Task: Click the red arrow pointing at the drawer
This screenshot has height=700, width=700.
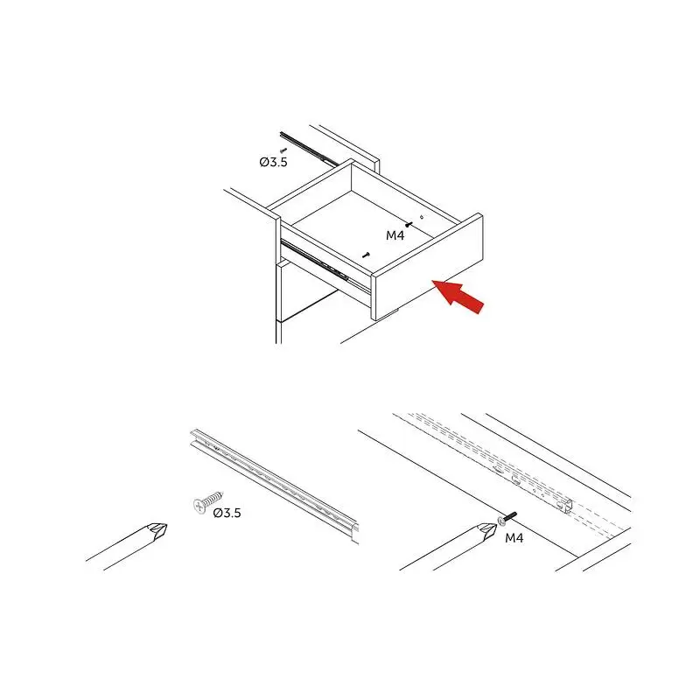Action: [458, 296]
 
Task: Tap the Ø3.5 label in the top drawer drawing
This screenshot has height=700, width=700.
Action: [273, 162]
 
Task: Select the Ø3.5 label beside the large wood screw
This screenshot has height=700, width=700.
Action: [227, 513]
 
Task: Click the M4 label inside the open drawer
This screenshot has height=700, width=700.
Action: [395, 235]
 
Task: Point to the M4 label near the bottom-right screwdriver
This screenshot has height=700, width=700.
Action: [514, 538]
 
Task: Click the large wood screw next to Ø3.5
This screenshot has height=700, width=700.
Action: [208, 502]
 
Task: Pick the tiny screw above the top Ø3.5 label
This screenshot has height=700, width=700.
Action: [283, 150]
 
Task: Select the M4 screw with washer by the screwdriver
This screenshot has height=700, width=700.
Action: [507, 518]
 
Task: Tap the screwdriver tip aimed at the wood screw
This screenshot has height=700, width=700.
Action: [158, 531]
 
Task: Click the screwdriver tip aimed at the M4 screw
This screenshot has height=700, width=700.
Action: [488, 531]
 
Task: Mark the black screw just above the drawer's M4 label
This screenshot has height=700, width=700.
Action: [409, 224]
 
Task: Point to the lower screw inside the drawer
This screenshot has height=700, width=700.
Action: [367, 255]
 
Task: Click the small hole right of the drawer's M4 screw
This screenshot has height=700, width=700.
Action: [421, 218]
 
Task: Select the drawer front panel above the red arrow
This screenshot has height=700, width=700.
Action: [428, 267]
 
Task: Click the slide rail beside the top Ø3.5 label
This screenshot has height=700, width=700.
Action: [308, 148]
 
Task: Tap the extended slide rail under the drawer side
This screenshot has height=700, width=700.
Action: [325, 267]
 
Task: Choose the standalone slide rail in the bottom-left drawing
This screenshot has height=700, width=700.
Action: [275, 486]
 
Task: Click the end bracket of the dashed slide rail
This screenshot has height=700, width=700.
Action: [563, 507]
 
